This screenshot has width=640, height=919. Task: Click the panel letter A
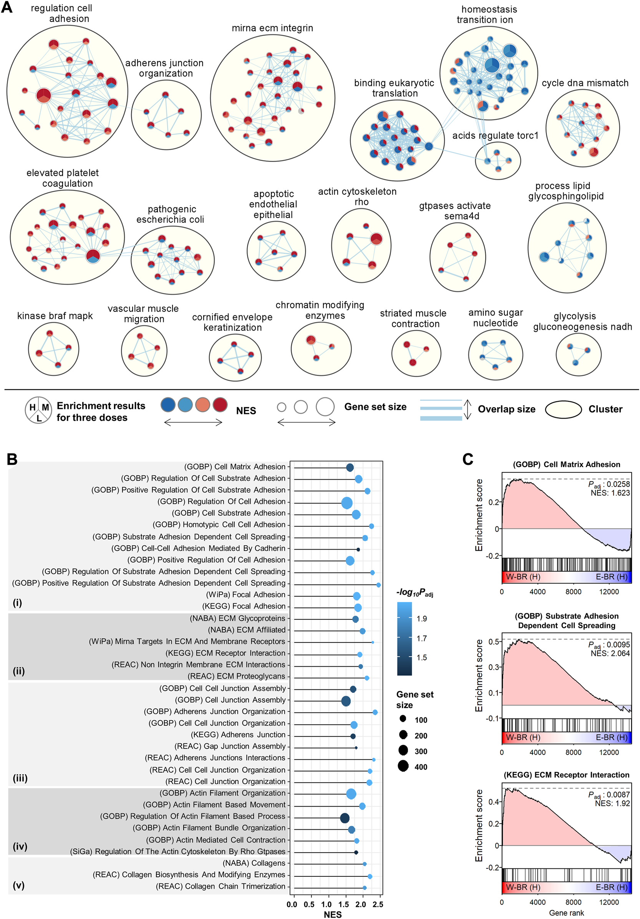tap(7, 7)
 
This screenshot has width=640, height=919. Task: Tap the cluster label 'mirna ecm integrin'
tap(272, 28)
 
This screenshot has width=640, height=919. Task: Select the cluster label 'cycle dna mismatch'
tap(585, 83)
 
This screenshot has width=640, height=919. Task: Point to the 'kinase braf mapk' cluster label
tap(55, 316)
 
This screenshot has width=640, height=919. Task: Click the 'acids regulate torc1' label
tap(495, 135)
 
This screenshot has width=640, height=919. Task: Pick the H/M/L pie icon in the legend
tap(38, 410)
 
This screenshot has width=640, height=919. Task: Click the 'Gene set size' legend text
tap(375, 407)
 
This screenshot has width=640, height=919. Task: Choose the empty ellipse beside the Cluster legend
tap(563, 409)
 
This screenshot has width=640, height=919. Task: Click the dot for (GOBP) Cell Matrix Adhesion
tap(350, 467)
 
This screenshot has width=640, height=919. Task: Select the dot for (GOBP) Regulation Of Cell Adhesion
tap(347, 503)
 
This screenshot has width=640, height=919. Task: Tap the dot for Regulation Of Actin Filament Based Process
tap(345, 818)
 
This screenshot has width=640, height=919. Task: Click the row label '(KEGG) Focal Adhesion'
tap(244, 606)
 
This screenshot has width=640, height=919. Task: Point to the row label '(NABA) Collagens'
tap(254, 863)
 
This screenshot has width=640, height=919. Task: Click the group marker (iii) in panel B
tap(20, 778)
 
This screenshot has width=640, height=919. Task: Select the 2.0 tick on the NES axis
tap(360, 904)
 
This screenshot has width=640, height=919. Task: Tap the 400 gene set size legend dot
tap(403, 766)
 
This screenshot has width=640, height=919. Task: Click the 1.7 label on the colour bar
tap(421, 638)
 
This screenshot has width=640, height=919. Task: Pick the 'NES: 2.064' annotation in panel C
tap(610, 654)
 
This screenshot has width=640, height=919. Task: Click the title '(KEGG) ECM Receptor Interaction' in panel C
tap(566, 775)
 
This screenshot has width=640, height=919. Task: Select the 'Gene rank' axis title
tap(566, 912)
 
